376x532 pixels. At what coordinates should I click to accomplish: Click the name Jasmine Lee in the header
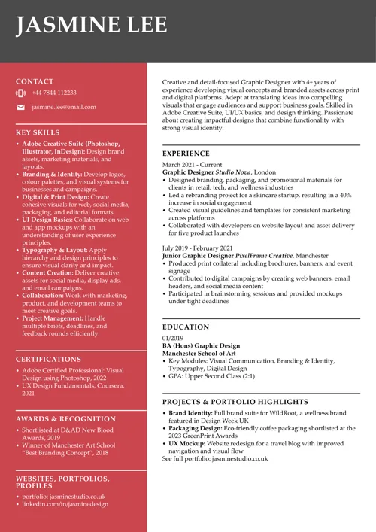coord(92,25)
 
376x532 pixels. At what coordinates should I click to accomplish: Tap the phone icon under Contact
coord(20,93)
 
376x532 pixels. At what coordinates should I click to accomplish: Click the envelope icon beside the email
coord(20,108)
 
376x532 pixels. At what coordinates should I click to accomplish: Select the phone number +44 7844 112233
coord(54,93)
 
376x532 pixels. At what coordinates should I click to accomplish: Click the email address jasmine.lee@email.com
coord(64,108)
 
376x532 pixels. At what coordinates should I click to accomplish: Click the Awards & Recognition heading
coord(65,418)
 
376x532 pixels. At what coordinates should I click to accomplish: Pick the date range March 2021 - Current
coord(193,164)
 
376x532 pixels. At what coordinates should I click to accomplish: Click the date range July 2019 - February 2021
coord(197,248)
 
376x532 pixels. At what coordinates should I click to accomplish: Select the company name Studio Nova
coord(233,172)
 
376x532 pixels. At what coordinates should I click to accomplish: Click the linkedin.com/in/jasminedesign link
coord(65,504)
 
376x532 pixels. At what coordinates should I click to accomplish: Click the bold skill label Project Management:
coord(53,318)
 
